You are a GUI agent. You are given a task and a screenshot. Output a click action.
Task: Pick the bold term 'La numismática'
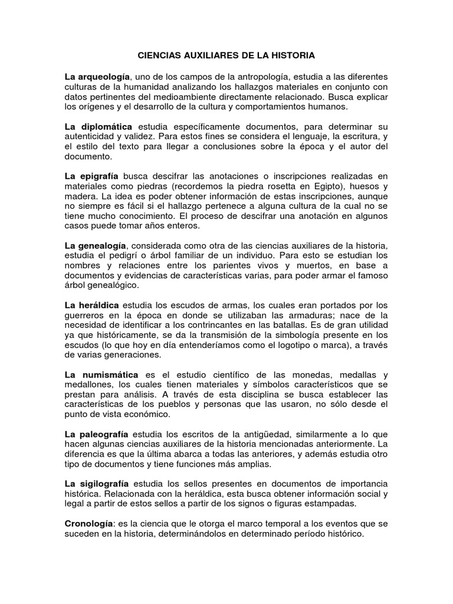tap(101, 375)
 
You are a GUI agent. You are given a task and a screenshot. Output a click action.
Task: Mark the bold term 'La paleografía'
tap(97, 434)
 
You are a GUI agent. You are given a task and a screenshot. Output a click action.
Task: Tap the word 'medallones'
tap(88, 385)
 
